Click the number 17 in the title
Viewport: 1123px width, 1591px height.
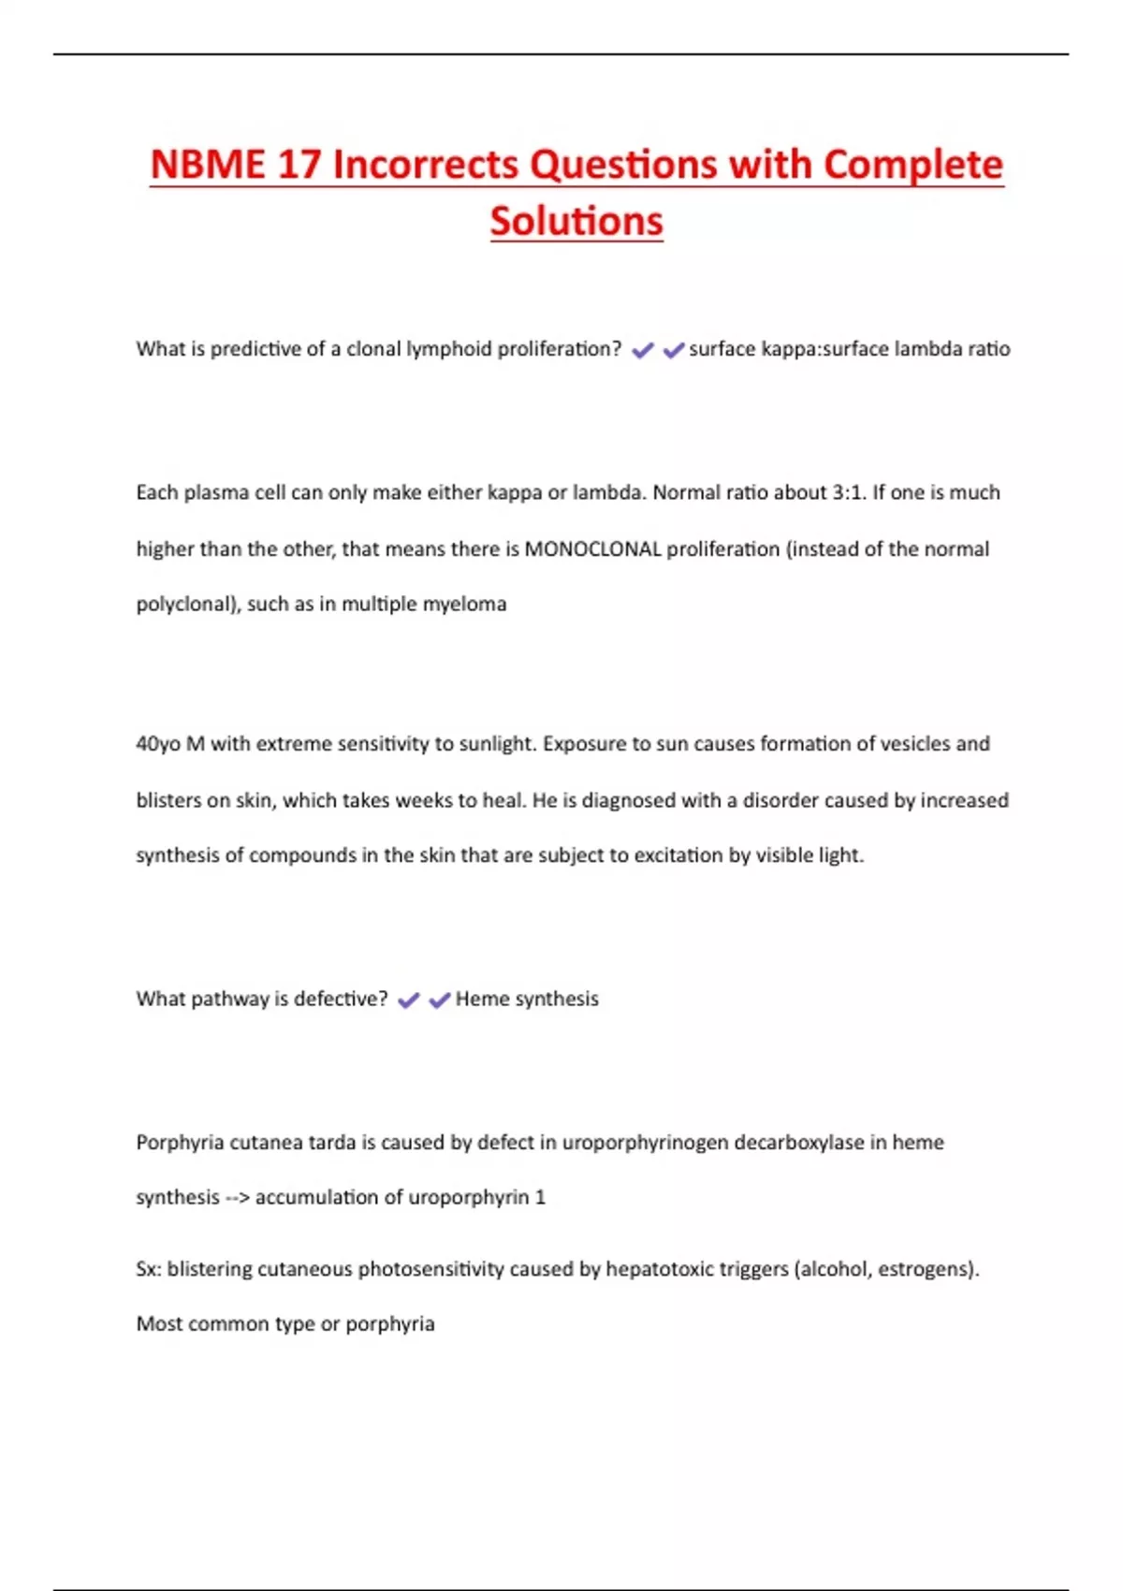click(x=299, y=165)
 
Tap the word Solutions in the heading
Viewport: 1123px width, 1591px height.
click(x=576, y=222)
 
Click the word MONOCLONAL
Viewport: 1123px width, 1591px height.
click(x=592, y=549)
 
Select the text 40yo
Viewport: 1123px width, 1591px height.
click(x=158, y=744)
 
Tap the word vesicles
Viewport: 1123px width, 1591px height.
click(x=912, y=744)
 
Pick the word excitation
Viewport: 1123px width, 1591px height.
click(x=680, y=855)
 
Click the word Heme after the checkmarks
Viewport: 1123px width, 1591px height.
click(x=482, y=1000)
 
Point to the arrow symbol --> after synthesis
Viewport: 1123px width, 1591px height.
click(x=237, y=1198)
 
